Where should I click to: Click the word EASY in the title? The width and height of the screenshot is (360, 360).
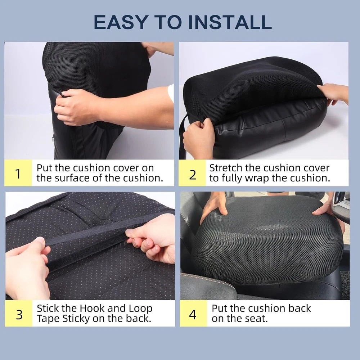(121, 22)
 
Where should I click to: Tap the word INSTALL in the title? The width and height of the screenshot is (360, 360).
(230, 22)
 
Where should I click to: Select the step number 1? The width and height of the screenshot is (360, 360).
(18, 174)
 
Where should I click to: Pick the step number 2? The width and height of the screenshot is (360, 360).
(193, 175)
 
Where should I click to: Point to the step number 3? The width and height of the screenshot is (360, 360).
(19, 315)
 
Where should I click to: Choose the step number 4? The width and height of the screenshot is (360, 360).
(193, 315)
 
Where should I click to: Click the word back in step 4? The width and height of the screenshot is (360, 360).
(300, 308)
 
